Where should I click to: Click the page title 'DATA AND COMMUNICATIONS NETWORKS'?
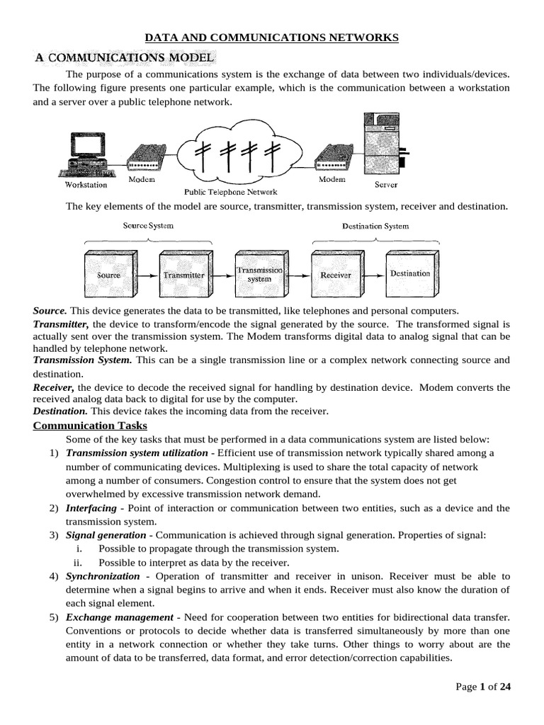coord(272,38)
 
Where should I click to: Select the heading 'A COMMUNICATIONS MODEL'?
coord(126,57)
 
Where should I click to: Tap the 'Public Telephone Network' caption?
coord(231,192)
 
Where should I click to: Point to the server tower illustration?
coord(382,145)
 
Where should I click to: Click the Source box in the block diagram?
coord(108,275)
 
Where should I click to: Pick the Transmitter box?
coord(183,275)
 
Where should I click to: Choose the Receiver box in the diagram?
coord(335,275)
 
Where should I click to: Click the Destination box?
coord(409,273)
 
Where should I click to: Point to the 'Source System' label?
coord(148,226)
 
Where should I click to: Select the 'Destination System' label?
coord(375,227)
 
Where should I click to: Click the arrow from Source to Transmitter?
coord(146,275)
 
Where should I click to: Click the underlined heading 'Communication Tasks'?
coord(91,426)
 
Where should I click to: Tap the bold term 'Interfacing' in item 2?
coord(91,508)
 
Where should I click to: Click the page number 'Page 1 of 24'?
coord(484,687)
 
